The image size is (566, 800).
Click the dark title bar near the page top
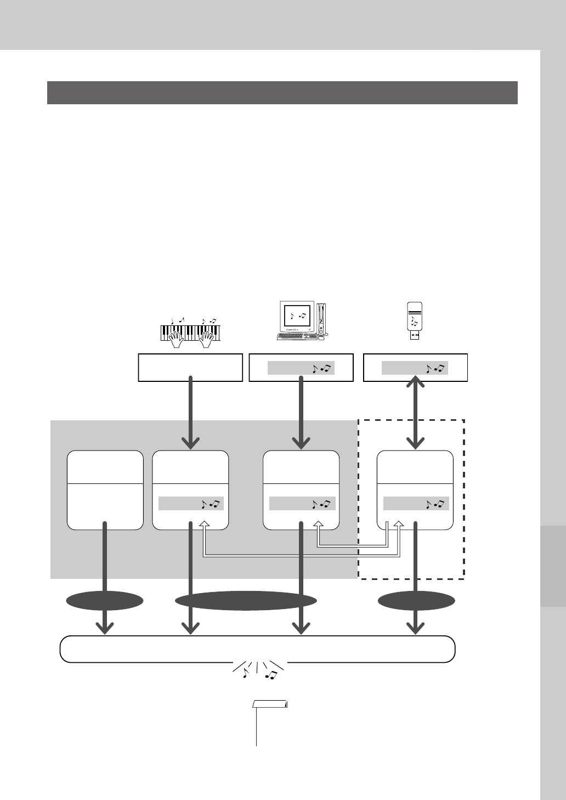click(x=282, y=93)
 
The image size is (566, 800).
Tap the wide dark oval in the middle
click(x=246, y=601)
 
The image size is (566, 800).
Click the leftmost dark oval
click(x=105, y=601)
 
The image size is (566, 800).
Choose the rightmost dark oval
click(x=416, y=601)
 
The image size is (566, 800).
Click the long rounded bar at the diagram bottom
click(x=257, y=649)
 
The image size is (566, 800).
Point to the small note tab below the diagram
click(x=271, y=705)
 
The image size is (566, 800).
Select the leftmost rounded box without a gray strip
click(x=105, y=490)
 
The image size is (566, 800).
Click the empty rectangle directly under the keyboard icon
click(x=190, y=368)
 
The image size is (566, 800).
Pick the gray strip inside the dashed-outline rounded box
click(x=416, y=504)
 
